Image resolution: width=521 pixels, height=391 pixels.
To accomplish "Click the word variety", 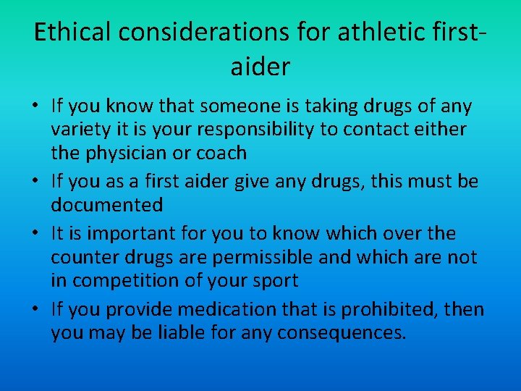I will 82,130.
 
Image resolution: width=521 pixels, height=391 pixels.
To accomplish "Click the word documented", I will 106,205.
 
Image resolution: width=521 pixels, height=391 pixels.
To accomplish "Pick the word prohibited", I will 382,310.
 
